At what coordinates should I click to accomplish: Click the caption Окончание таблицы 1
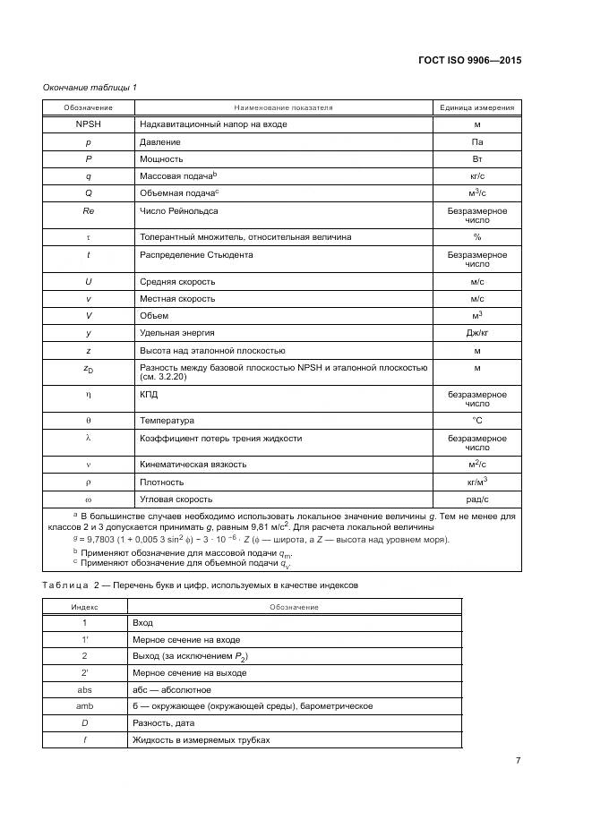coord(90,87)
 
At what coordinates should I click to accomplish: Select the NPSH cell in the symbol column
coord(88,124)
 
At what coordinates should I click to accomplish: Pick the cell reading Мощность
coord(161,159)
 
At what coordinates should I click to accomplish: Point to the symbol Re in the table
coord(88,211)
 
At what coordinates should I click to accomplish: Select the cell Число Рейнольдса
coord(179,211)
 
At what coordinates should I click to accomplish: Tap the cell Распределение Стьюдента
coord(196,255)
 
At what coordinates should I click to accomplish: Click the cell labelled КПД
coord(150,395)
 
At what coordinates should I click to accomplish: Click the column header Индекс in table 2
coord(84,606)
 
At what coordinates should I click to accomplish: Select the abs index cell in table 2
coord(84,689)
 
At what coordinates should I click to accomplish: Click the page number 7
coord(519,760)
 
